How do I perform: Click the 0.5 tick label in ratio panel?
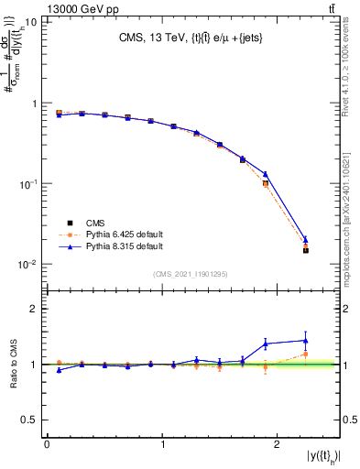(33, 420)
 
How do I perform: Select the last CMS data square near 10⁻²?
(306, 250)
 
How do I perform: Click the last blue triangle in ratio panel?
(306, 341)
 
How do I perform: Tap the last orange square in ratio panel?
(306, 354)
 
